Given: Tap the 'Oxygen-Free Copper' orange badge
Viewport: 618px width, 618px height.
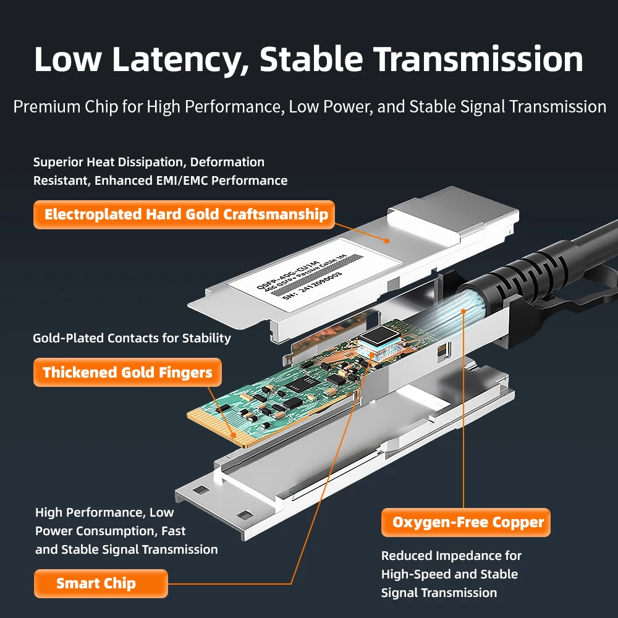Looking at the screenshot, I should (x=467, y=523).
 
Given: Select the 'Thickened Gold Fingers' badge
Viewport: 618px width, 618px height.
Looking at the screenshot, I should (x=127, y=373).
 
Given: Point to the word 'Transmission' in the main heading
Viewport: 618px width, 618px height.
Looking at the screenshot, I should (x=480, y=59).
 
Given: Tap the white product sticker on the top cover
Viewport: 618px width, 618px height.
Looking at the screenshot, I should (x=294, y=276).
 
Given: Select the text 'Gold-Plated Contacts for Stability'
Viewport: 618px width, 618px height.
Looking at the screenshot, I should (x=132, y=338).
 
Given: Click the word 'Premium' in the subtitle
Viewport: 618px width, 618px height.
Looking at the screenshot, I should (x=47, y=107).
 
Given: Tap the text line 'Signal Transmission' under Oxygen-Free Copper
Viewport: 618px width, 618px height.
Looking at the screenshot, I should (x=439, y=593).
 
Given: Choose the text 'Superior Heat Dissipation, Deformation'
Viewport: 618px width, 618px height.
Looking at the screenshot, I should (x=148, y=162).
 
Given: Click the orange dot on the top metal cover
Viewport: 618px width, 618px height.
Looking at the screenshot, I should (x=387, y=240).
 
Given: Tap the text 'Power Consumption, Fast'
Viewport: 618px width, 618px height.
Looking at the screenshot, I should (x=110, y=531).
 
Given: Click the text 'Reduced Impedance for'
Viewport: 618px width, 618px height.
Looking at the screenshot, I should (x=451, y=556).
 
